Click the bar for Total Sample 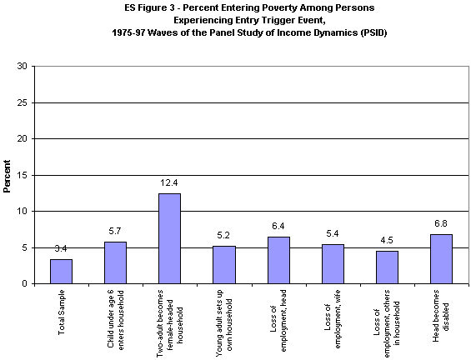tap(61, 272)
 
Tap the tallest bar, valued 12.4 tap(169, 239)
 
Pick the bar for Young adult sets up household tap(223, 265)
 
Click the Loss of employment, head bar tap(278, 261)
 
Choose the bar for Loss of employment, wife tap(333, 264)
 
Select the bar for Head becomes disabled tap(441, 259)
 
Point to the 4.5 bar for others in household tap(387, 267)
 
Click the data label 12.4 tap(169, 182)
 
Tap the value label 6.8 tap(441, 222)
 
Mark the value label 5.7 tap(115, 231)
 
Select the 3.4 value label tap(61, 247)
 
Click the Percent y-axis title tap(8, 175)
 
